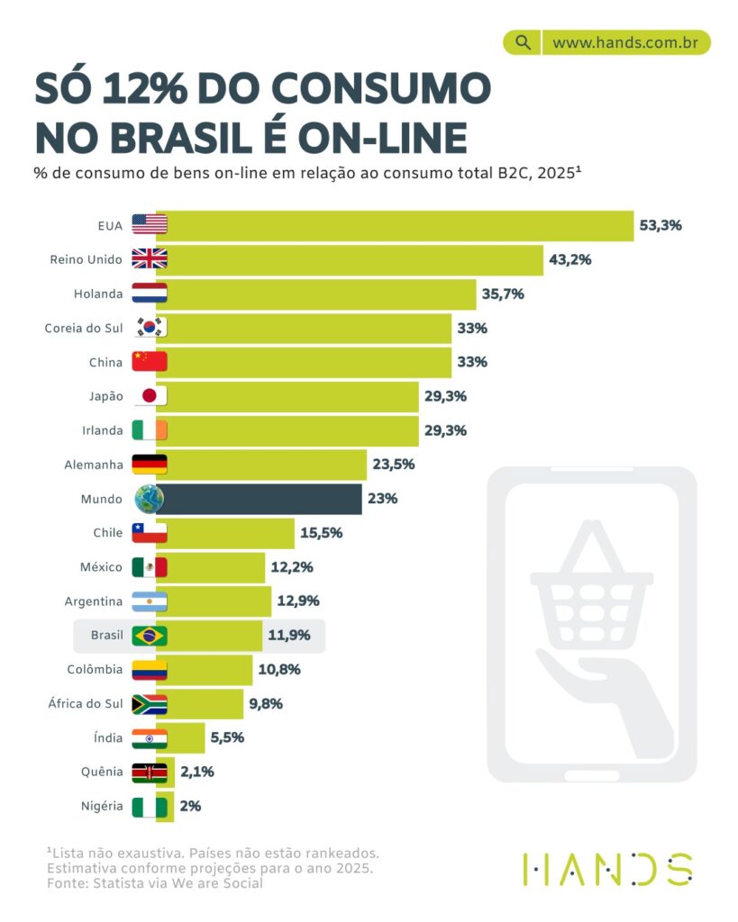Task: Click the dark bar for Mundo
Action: tap(261, 499)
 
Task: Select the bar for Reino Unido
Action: tap(351, 259)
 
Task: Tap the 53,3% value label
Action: tap(661, 225)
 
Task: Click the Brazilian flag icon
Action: tap(149, 636)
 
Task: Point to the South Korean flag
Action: tap(149, 328)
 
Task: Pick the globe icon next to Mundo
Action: tap(149, 499)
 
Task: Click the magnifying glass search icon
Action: tap(522, 42)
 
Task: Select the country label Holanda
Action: tap(98, 294)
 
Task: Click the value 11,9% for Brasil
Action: tap(288, 636)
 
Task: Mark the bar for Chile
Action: tap(230, 533)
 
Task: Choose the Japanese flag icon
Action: tap(149, 396)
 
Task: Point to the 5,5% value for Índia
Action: tap(226, 738)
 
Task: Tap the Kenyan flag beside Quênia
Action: tap(149, 773)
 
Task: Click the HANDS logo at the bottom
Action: tap(607, 869)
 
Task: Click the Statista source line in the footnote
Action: tap(155, 884)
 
